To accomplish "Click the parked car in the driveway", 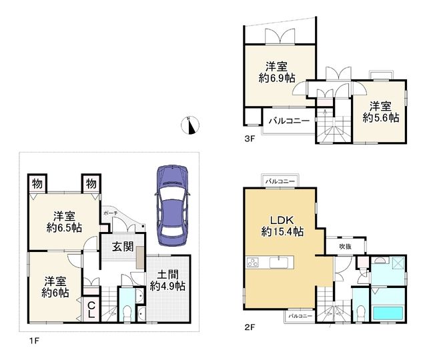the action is pos(172,206).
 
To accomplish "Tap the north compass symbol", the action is pos(190,125).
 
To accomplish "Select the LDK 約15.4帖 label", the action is pos(282,226).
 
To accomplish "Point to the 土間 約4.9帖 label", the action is pos(167,281).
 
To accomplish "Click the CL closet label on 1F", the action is pos(91,310).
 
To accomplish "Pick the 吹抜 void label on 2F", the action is pos(345,247).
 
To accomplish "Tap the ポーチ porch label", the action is pos(111,213).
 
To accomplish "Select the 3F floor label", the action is pos(250,139).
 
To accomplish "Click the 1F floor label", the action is pos(35,341).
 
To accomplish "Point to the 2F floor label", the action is pos(250,327).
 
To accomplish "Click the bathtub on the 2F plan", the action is pos(388,313).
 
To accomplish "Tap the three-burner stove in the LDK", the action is pos(253,262).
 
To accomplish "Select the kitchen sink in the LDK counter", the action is pos(278,263).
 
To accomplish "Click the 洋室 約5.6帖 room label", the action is pos(381,112).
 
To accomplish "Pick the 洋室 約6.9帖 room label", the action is pos(277,72).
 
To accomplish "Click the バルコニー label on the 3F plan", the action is pos(289,121).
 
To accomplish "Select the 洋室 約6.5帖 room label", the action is pos(64,222).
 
